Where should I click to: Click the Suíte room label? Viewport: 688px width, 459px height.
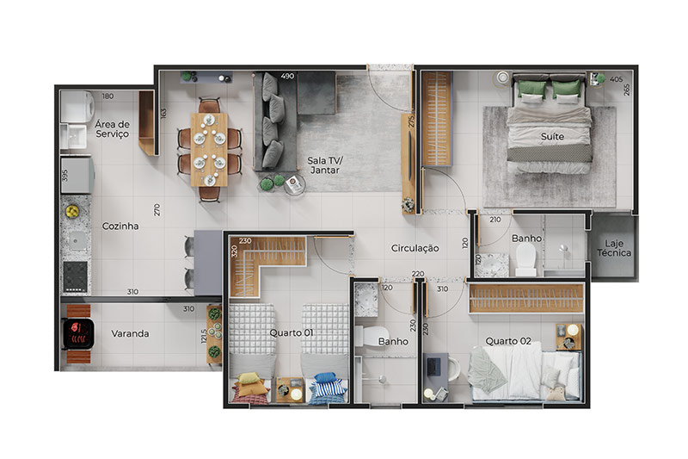tap(552, 137)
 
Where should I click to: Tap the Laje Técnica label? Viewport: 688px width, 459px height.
tap(614, 248)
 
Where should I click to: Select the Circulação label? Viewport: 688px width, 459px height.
tap(415, 248)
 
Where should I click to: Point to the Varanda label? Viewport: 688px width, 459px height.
tap(130, 333)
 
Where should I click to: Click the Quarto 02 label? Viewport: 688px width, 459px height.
tap(508, 341)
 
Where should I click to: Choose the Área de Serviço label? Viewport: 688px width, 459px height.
tap(113, 129)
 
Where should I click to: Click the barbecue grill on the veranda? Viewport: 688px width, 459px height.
tap(78, 334)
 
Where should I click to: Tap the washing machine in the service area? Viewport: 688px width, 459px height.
tap(77, 107)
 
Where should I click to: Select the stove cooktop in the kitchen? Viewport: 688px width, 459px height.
tap(75, 276)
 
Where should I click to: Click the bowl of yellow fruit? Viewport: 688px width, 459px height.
tap(72, 212)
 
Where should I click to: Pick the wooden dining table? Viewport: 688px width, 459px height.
tap(209, 150)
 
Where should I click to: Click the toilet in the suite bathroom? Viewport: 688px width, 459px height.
tap(525, 258)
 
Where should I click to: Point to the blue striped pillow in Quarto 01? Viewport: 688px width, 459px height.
tap(327, 386)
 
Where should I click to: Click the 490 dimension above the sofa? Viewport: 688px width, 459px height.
tap(287, 76)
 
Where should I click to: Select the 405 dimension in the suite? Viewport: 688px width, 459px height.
tap(616, 79)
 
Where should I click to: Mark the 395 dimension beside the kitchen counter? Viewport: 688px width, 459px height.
tap(65, 176)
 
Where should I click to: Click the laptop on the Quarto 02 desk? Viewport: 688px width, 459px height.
tap(433, 367)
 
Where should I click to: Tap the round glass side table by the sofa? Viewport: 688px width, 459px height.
tap(293, 185)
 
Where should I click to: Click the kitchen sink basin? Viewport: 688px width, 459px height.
tap(77, 240)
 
